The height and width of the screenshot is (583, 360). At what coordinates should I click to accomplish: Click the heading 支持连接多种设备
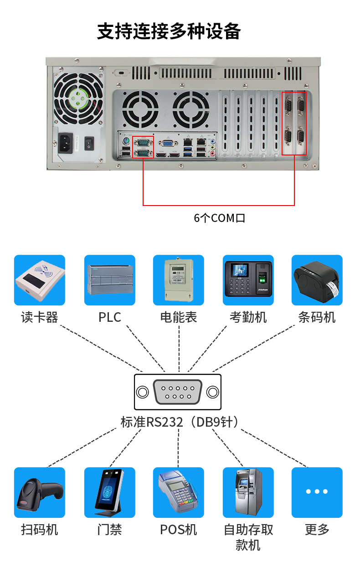(169, 31)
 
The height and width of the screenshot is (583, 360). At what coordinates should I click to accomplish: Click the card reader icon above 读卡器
(40, 280)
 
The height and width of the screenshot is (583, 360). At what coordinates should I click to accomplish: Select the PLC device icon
(110, 280)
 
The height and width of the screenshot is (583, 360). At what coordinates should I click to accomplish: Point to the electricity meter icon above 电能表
(179, 280)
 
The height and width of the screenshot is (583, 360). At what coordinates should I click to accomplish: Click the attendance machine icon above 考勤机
(248, 280)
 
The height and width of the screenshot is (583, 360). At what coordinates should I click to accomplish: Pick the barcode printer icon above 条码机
(317, 280)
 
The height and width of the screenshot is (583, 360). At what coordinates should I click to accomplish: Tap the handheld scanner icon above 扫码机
(40, 492)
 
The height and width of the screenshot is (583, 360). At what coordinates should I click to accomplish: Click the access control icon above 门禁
(110, 492)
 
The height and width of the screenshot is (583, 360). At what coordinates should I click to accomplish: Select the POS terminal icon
(179, 492)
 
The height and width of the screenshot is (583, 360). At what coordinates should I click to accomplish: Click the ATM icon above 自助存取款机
(248, 492)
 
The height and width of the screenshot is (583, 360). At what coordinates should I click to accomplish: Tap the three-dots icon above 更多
(317, 492)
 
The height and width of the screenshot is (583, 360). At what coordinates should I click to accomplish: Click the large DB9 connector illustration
(178, 392)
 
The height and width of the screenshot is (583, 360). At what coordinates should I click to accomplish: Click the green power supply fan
(79, 98)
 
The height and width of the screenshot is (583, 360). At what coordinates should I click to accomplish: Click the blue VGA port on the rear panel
(168, 143)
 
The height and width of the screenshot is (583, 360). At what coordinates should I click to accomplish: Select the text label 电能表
(179, 317)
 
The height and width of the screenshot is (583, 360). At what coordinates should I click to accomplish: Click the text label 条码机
(317, 317)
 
